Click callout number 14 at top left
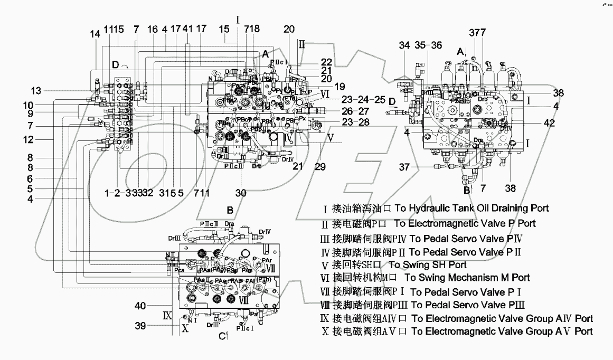point(95,34)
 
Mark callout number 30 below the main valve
point(242,193)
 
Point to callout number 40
point(139,305)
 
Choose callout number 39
point(139,327)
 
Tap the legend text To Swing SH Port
point(428,265)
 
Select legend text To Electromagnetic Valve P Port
point(465,223)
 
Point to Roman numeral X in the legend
point(325,332)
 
